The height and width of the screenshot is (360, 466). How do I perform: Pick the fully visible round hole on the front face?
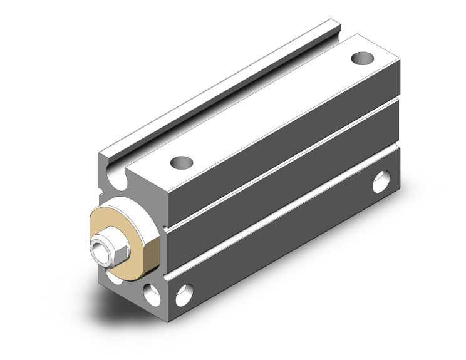tap(150, 292)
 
